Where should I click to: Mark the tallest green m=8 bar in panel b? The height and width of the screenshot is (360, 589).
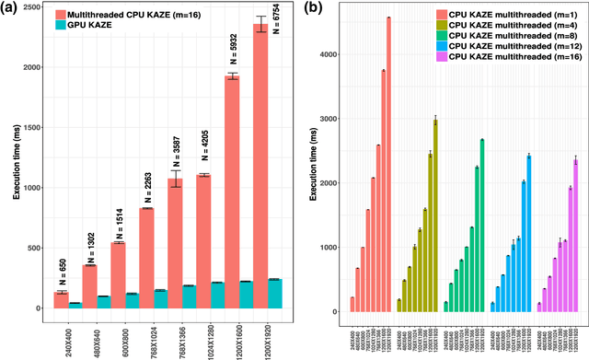[481, 226]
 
